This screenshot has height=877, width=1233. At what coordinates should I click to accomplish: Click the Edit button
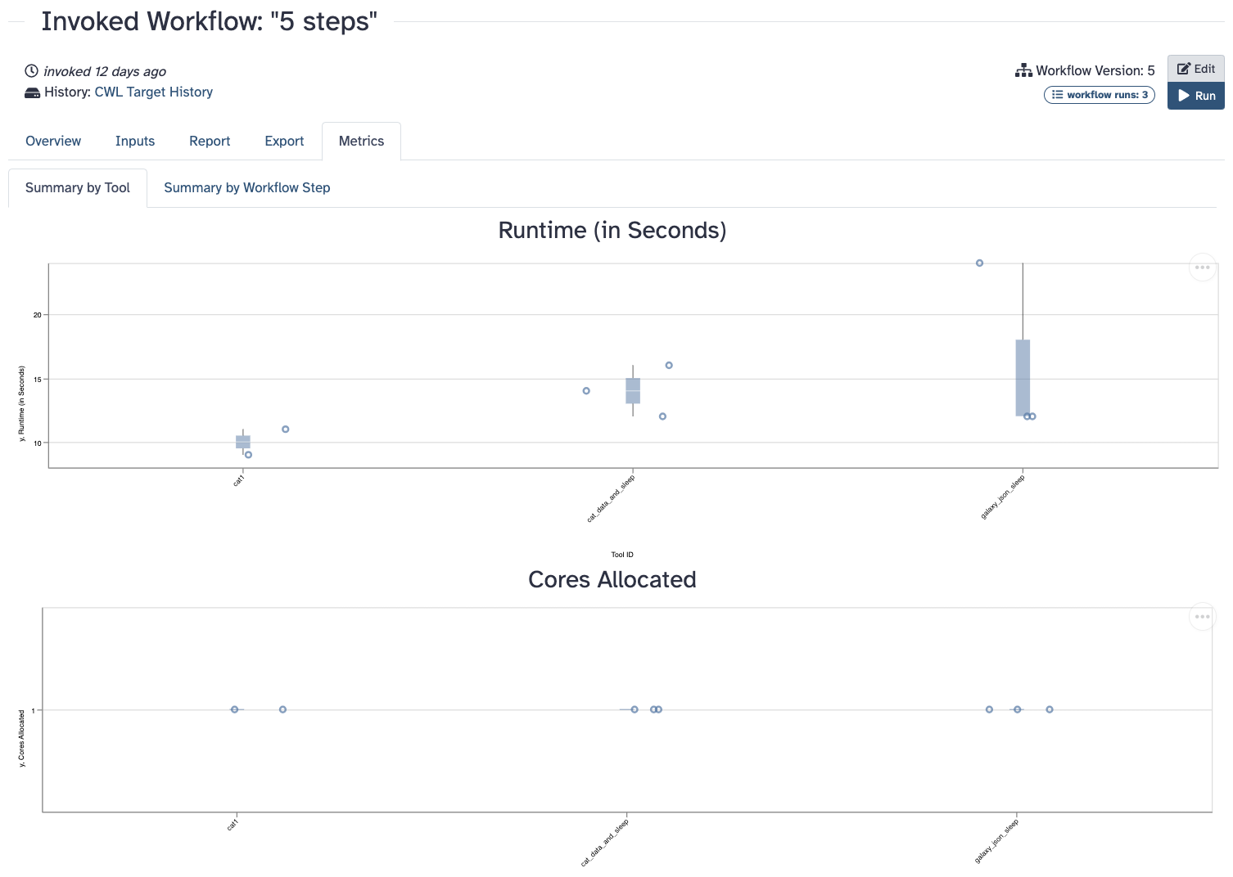pyautogui.click(x=1195, y=69)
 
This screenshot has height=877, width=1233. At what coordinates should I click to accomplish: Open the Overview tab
pyautogui.click(x=53, y=141)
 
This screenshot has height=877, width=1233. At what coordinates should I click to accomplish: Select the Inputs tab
pyautogui.click(x=135, y=141)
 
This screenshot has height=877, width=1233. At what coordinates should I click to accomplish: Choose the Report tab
pyautogui.click(x=210, y=141)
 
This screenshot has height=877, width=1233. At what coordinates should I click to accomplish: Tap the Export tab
pyautogui.click(x=284, y=141)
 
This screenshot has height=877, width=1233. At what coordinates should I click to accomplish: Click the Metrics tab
pyautogui.click(x=361, y=141)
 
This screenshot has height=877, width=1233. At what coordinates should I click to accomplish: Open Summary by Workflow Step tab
pyautogui.click(x=246, y=187)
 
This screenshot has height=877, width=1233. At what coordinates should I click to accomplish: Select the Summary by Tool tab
pyautogui.click(x=78, y=187)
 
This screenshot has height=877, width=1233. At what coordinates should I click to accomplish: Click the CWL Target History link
pyautogui.click(x=153, y=92)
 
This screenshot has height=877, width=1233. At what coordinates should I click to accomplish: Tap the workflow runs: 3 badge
pyautogui.click(x=1099, y=95)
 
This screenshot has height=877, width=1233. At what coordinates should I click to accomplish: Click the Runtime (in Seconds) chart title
pyautogui.click(x=612, y=231)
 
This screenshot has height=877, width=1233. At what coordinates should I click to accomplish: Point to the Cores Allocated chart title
pyautogui.click(x=612, y=579)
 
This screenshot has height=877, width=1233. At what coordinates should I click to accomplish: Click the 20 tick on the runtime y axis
pyautogui.click(x=37, y=315)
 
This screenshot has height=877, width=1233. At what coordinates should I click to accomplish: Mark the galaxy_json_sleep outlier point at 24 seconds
pyautogui.click(x=979, y=263)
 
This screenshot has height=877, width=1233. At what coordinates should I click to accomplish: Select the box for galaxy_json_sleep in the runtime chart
pyautogui.click(x=1023, y=377)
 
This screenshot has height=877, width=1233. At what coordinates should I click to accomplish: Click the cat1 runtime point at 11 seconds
pyautogui.click(x=285, y=430)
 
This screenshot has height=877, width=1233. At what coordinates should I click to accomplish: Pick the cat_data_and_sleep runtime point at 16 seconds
pyautogui.click(x=669, y=366)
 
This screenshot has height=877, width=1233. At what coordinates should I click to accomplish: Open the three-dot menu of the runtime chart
pyautogui.click(x=1202, y=268)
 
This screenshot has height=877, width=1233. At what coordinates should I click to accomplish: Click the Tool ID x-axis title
pyautogui.click(x=622, y=555)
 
